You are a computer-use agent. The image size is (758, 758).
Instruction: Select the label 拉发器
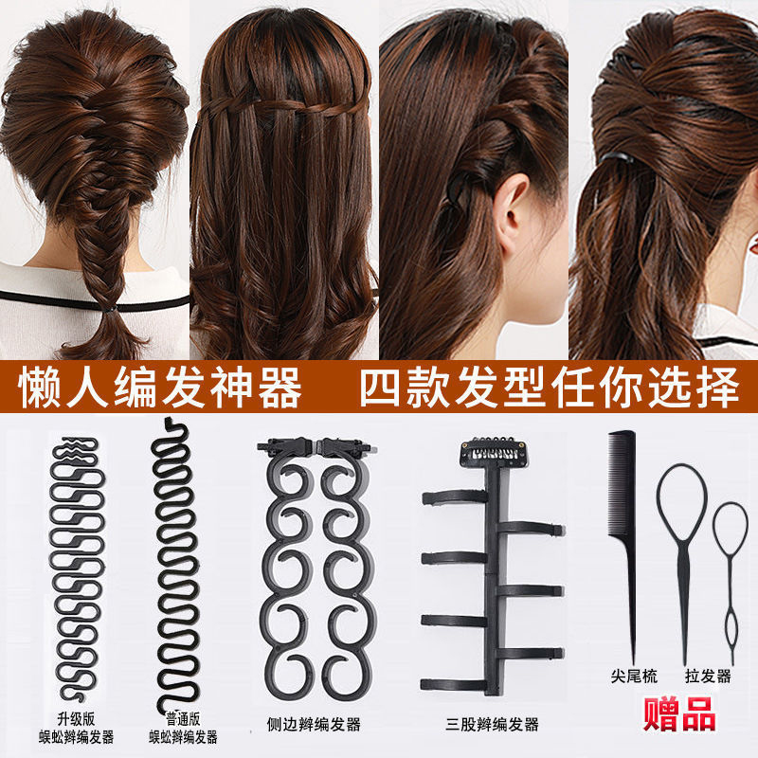click(708, 677)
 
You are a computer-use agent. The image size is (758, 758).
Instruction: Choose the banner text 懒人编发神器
click(163, 388)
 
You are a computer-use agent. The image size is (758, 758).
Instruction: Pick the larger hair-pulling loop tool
click(681, 550)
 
